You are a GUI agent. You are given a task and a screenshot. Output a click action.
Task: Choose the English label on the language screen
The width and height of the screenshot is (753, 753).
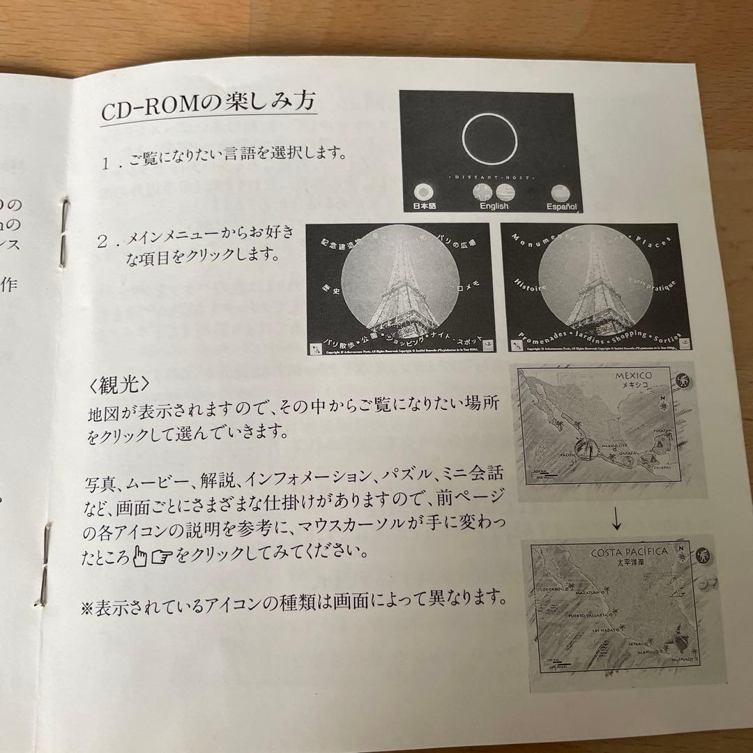(x=494, y=206)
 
